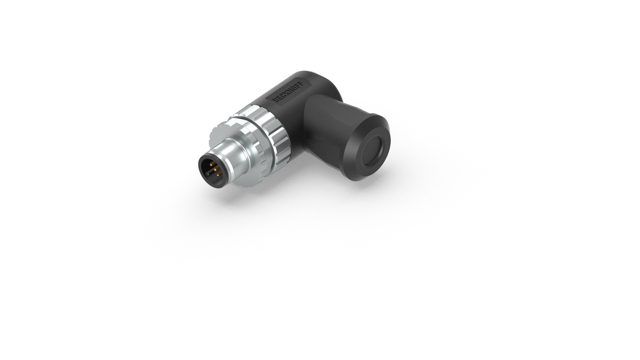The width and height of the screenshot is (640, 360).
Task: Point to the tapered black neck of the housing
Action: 327,129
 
